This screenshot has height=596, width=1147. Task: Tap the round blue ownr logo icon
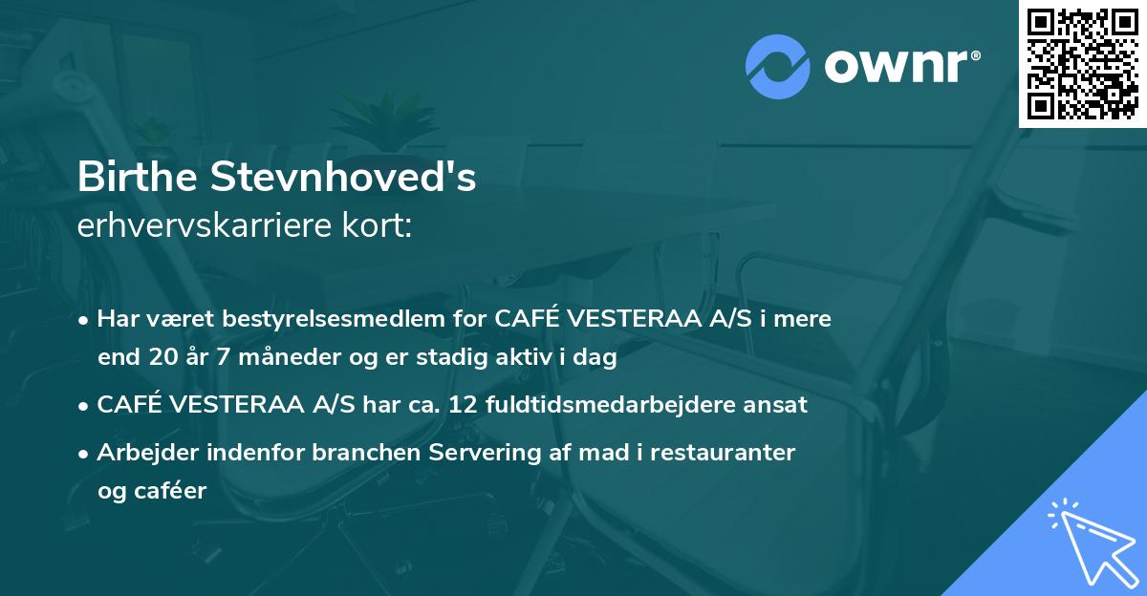tap(777, 67)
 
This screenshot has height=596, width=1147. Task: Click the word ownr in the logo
tap(900, 68)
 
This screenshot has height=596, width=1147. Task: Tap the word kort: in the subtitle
tap(381, 225)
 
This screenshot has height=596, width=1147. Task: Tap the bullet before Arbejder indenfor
tap(85, 453)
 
